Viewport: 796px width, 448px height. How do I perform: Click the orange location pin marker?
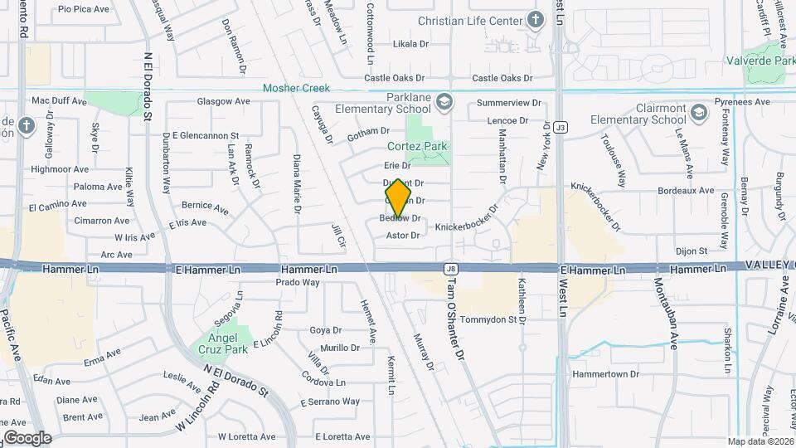[398, 198]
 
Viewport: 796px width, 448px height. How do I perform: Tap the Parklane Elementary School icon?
[444, 101]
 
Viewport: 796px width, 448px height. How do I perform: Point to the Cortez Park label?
[417, 146]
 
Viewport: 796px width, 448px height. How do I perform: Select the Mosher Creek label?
[296, 88]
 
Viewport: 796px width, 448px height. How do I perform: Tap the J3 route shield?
[561, 127]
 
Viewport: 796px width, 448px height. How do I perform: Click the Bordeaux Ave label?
[684, 190]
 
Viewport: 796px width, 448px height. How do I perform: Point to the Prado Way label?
[298, 282]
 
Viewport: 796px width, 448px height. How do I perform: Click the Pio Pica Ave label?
[84, 9]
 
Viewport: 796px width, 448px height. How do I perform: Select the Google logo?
[27, 437]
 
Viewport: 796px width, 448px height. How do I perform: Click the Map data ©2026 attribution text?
[759, 441]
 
